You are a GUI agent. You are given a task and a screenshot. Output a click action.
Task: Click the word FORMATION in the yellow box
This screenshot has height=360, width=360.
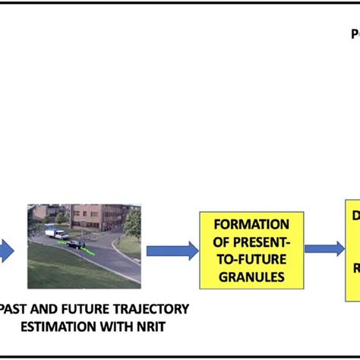251,224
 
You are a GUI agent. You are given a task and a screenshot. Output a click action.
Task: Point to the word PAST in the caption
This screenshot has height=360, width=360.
16,309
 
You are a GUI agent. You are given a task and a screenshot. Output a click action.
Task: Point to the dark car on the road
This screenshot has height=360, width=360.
75,244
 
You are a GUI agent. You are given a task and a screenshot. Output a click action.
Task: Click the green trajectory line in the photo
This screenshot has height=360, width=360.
89,248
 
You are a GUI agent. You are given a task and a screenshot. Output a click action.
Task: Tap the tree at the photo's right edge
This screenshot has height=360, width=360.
134,224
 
